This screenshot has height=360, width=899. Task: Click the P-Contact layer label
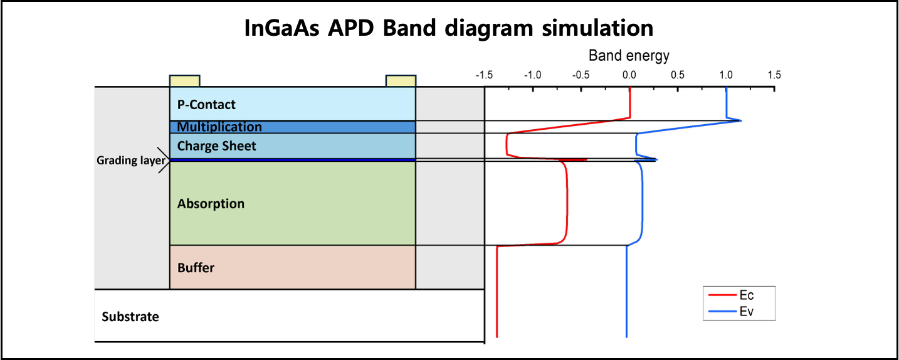tap(206, 105)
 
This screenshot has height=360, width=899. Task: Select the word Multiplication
tap(219, 127)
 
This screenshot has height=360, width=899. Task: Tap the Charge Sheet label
tap(217, 146)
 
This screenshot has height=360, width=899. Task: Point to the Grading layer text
tap(130, 161)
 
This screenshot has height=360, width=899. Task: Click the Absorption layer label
tap(211, 204)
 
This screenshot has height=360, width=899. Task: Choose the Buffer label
tap(196, 268)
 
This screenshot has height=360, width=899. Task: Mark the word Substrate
tap(130, 317)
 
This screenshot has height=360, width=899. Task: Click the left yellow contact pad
tap(185, 81)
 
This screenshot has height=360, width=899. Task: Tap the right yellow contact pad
tap(401, 81)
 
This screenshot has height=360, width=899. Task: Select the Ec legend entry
tap(747, 295)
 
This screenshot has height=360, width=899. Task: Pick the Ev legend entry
tap(747, 312)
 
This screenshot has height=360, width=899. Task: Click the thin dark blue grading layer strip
tap(293, 160)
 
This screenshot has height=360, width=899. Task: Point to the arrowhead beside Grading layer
tap(167, 161)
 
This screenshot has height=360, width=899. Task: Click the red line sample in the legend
tap(722, 295)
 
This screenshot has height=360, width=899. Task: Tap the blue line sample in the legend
tap(722, 312)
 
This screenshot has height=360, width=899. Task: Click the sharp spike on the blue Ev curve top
tap(742, 120)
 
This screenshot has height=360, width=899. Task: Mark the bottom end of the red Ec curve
tap(497, 337)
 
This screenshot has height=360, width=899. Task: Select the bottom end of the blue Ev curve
tap(626, 337)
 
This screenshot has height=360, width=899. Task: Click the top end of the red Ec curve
tap(629, 88)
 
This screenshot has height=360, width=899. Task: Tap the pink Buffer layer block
tap(293, 268)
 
